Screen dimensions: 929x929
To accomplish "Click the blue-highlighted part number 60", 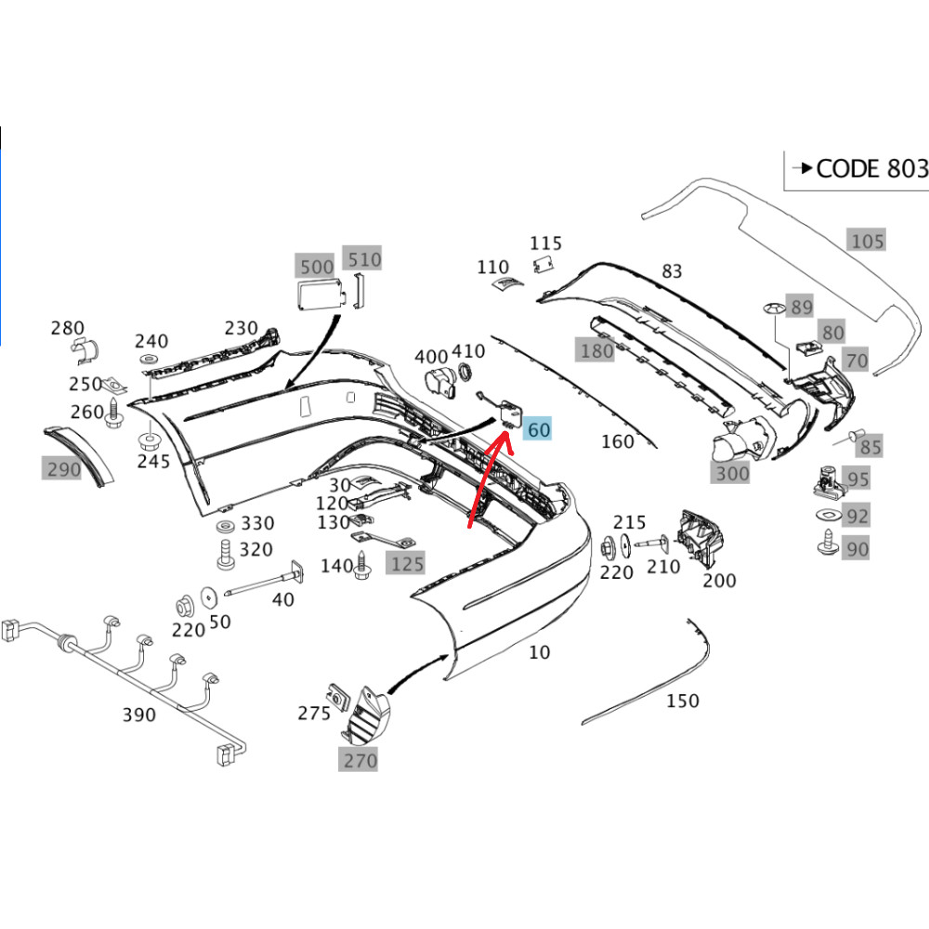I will [538, 429].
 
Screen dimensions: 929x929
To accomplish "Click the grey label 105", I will [868, 242].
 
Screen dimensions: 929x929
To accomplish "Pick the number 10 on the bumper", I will [539, 652].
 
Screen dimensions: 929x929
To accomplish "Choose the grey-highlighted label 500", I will [317, 267].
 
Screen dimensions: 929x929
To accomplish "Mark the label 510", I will [363, 259].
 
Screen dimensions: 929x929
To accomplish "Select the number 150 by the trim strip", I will [683, 700].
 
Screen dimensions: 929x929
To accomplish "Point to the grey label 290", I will [64, 469].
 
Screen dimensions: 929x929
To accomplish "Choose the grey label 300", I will [731, 474].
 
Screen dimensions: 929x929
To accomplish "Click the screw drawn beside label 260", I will [115, 414].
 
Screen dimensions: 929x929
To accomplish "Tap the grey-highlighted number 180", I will [596, 350].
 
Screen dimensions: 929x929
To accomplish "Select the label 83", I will [672, 270].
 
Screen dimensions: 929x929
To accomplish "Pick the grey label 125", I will [406, 563].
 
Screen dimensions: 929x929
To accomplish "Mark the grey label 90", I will [857, 549].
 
